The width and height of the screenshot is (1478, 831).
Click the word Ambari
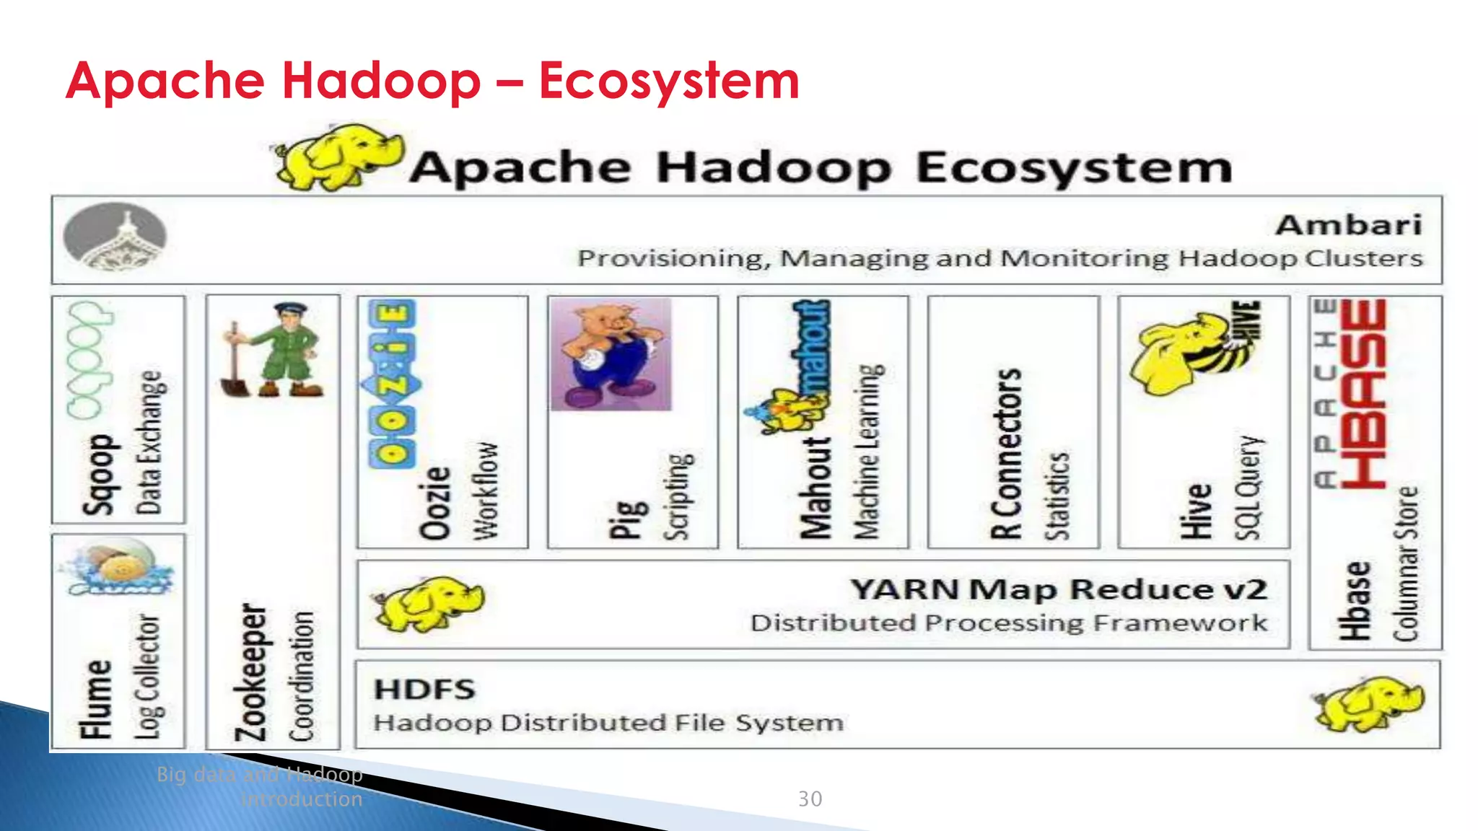coord(1348,225)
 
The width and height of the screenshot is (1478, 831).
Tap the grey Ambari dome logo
coord(115,237)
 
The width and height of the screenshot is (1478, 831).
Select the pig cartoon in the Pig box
coord(611,354)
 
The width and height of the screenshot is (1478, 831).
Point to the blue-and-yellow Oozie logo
coord(391,384)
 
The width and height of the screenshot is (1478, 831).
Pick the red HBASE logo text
coord(1363,393)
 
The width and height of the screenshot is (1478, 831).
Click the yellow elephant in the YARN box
coord(427,603)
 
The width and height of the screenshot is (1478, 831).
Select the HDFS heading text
coord(424,690)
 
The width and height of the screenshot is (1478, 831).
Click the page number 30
coord(810,799)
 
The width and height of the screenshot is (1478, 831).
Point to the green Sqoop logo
coord(89,360)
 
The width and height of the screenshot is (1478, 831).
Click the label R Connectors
coord(1006,454)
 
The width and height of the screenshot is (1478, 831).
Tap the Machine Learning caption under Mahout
coord(868,452)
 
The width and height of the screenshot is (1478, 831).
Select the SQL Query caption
coord(1249,487)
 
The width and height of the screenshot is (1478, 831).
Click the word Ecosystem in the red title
coord(669,80)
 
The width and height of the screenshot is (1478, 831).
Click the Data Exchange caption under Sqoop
coord(149,442)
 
